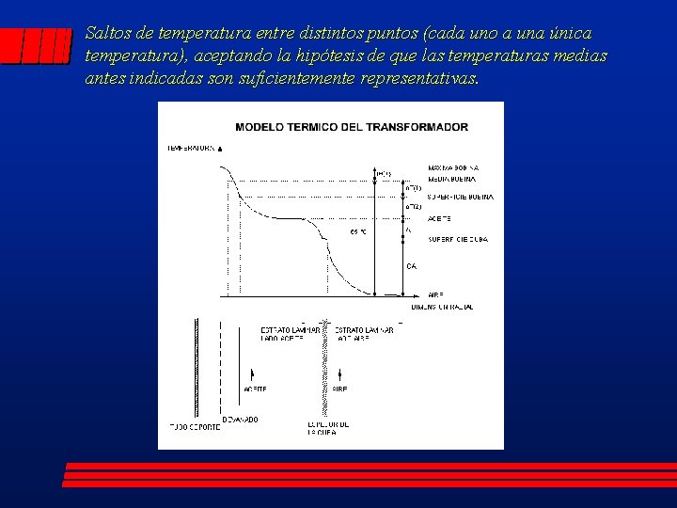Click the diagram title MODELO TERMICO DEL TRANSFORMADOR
(351, 127)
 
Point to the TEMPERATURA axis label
(192, 148)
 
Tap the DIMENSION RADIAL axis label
(441, 307)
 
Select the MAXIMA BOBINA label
(452, 167)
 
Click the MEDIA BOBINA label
(451, 178)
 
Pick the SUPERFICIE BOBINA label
(460, 198)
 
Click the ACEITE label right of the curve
(439, 219)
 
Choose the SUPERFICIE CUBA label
(458, 239)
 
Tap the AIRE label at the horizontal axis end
(435, 294)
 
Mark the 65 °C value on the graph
(358, 230)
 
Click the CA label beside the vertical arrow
(411, 266)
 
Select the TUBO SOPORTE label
(195, 427)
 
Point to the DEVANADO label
(240, 420)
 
